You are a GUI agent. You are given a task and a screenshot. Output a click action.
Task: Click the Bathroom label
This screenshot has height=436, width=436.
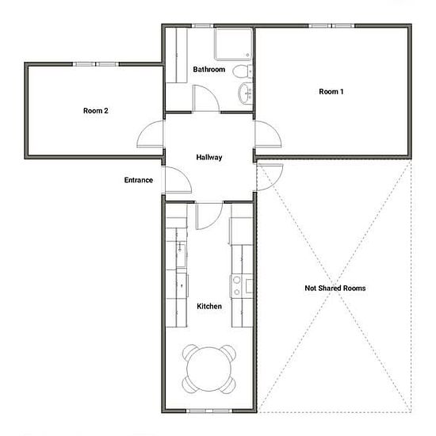[x=209, y=69]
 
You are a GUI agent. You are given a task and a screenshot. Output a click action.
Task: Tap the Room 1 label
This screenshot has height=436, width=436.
[x=331, y=91]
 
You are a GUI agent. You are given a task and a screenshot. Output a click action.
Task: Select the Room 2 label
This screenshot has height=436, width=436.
[x=96, y=111]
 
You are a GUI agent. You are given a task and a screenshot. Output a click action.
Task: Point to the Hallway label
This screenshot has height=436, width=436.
[x=209, y=158]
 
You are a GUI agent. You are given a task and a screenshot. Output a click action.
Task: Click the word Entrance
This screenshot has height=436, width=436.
[x=139, y=180]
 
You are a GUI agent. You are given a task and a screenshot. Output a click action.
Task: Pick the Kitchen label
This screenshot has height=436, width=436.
[x=209, y=307]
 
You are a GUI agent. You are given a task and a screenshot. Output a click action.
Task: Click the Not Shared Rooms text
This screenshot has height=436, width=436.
[x=335, y=288]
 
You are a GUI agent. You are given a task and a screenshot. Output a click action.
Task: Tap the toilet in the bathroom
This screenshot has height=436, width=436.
[x=243, y=71]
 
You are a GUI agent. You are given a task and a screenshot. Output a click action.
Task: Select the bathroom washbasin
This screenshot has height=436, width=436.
[x=245, y=94]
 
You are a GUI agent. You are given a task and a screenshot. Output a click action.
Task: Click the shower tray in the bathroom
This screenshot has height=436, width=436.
[x=233, y=44]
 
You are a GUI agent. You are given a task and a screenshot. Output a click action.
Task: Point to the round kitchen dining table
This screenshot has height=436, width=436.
[x=209, y=369]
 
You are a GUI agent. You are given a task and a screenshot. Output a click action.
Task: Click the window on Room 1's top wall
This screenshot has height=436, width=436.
[x=331, y=26]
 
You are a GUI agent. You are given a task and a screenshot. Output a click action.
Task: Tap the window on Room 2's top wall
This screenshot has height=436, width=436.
[x=96, y=64]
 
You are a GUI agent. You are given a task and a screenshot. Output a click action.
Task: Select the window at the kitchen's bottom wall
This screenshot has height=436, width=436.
[x=209, y=411]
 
